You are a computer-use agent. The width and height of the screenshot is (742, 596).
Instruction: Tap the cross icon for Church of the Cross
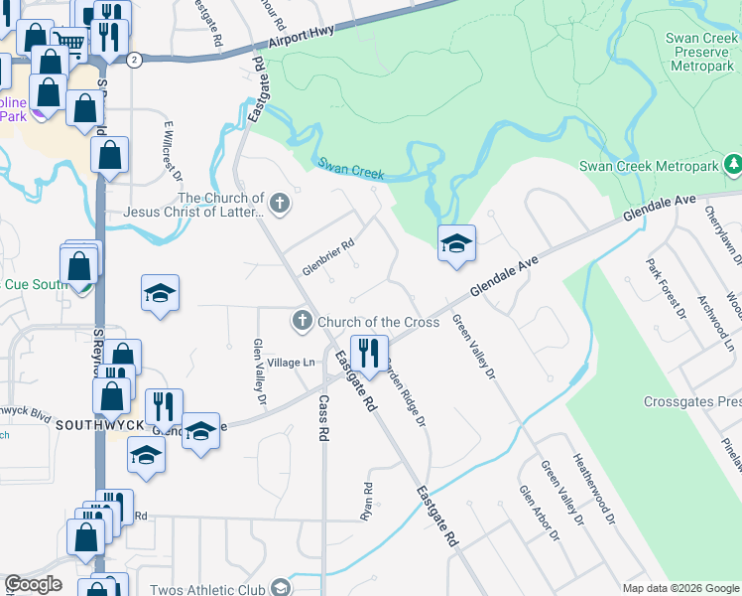click(303, 321)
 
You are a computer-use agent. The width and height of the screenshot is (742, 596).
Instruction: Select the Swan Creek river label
click(350, 168)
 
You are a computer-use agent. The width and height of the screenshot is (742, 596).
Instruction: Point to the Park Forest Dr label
click(666, 288)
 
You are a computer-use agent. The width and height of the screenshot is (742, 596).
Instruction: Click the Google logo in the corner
click(33, 584)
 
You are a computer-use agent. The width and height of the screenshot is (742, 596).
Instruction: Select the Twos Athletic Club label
click(207, 589)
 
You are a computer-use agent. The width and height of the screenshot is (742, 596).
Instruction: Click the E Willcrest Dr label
click(174, 150)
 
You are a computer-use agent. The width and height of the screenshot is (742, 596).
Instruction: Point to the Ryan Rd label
click(367, 502)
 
